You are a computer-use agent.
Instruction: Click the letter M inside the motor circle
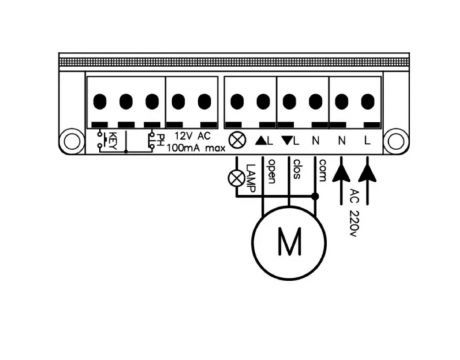[289, 241]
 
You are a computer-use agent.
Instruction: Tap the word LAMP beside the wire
[250, 178]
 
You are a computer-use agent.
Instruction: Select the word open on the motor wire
[272, 171]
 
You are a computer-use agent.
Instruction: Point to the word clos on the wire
[297, 169]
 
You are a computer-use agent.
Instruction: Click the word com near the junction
[322, 170]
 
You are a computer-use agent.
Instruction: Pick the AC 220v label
[353, 213]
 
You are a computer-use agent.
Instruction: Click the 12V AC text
[193, 136]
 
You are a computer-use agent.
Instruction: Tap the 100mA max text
[196, 148]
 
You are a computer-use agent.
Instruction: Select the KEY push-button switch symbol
[106, 141]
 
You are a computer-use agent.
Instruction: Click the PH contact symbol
[156, 140]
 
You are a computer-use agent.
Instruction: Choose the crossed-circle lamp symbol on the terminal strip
[237, 140]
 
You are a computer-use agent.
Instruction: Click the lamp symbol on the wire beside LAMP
[236, 178]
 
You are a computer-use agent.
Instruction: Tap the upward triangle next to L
[261, 141]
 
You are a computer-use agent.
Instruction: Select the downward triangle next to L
[287, 140]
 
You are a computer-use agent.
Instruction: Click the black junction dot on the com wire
[315, 196]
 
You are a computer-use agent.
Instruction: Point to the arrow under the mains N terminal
[341, 181]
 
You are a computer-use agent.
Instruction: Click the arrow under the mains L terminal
[368, 181]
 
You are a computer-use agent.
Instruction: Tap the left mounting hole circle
[71, 142]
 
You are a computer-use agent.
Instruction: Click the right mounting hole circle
[396, 142]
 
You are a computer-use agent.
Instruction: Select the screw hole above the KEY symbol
[100, 101]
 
